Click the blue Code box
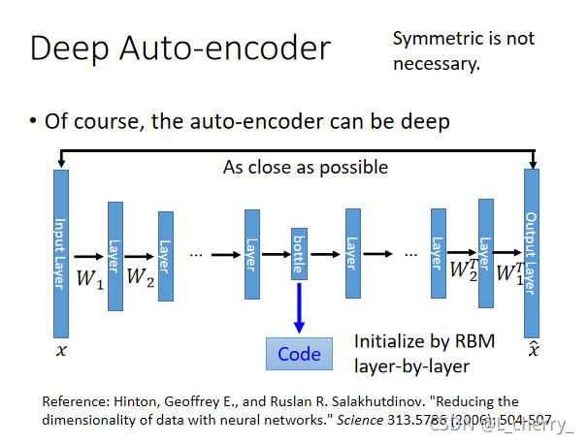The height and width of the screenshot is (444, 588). coord(299,354)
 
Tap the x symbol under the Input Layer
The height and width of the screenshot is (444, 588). coord(61,351)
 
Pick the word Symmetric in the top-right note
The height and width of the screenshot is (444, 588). coord(434,39)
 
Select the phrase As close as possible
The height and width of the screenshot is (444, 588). coord(305,167)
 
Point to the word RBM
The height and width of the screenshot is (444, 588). coord(475,341)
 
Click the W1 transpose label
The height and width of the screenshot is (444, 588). coord(510,271)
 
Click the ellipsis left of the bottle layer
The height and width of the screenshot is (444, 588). coord(196,255)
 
